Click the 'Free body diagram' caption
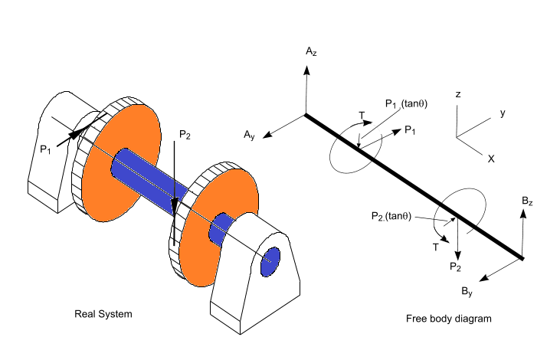(448, 318)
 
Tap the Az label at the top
(310, 52)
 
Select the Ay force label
(249, 136)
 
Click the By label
(467, 291)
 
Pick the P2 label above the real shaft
(185, 135)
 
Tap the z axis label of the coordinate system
(457, 94)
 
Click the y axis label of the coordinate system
(503, 113)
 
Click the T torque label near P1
(362, 116)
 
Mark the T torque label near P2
(435, 246)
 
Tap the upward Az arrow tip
(306, 67)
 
